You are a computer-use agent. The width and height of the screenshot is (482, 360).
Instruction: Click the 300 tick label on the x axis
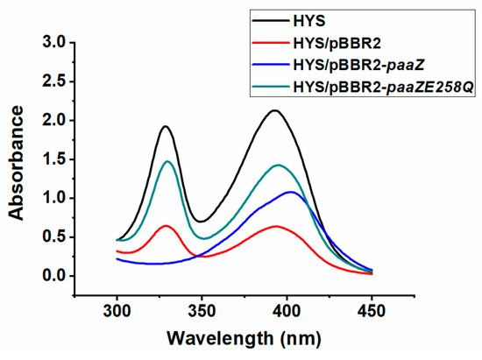click(117, 311)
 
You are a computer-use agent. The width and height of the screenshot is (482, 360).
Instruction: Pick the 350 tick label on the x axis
click(202, 311)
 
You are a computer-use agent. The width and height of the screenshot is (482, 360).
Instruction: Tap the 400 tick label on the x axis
click(287, 311)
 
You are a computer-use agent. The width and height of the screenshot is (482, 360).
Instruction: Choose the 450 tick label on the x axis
click(372, 311)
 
